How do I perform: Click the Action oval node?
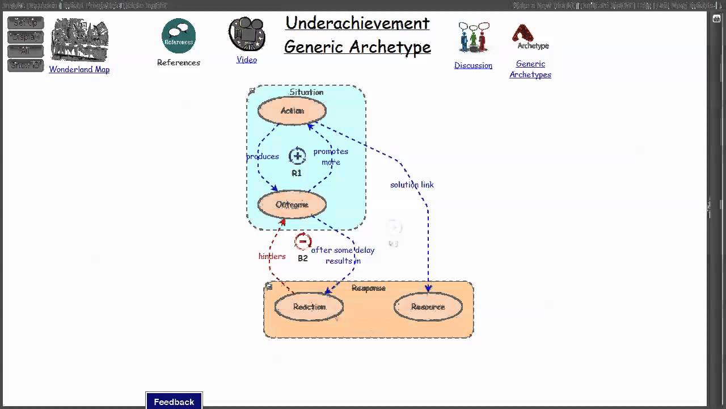pos(292,111)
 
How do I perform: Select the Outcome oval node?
pos(292,204)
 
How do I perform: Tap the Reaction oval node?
pos(309,307)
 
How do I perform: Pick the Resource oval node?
pos(428,307)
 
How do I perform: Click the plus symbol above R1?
pos(297,156)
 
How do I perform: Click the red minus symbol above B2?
pos(303,242)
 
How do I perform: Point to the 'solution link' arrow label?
pos(412,185)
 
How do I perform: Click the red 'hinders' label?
pos(272,256)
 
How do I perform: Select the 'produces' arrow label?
pos(263,156)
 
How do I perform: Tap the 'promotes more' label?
pos(331,157)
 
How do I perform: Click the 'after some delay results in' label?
pos(343,255)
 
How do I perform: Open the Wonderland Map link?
pos(79,69)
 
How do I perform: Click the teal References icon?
pos(179,36)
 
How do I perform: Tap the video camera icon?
pos(247,34)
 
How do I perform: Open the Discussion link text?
pos(473,65)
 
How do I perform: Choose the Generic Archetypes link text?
pos(530,69)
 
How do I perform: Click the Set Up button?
pos(26,23)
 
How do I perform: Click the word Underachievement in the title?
pos(357,23)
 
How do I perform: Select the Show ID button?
pos(26,65)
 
